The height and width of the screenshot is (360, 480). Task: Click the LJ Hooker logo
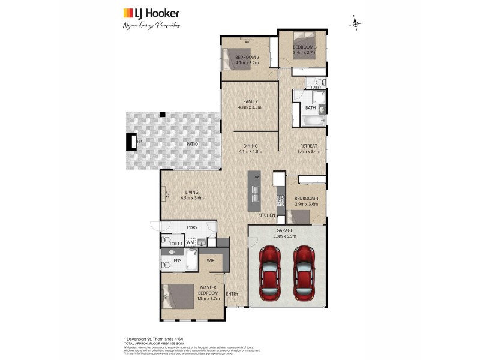tap(151, 13)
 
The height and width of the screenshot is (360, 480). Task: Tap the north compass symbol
tap(356, 23)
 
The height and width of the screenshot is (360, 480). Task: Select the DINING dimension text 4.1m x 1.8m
tap(250, 152)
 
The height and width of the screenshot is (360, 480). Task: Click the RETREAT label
tap(308, 146)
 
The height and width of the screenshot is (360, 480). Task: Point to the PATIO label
tap(191, 145)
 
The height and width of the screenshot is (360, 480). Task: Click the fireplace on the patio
tap(131, 142)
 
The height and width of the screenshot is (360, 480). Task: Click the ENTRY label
tap(232, 294)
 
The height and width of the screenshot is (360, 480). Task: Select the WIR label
tap(211, 260)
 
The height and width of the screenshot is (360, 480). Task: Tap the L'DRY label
tap(192, 228)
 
